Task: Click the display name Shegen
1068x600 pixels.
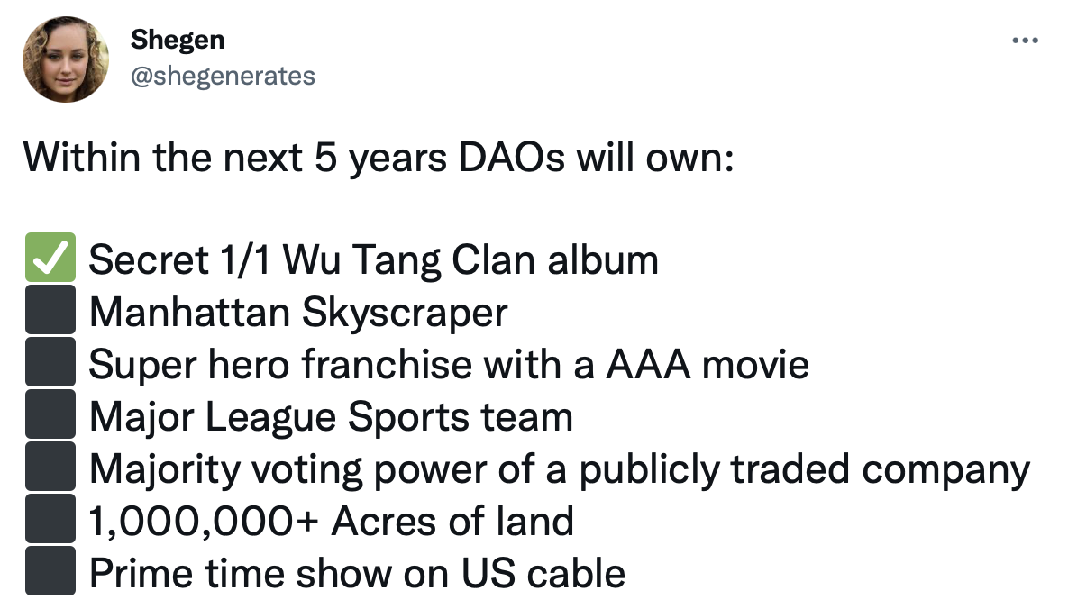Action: pyautogui.click(x=178, y=39)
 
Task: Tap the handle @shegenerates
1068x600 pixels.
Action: pyautogui.click(x=223, y=76)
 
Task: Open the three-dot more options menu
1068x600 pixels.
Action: pyautogui.click(x=1026, y=41)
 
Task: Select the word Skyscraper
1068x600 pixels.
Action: pyautogui.click(x=405, y=313)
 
